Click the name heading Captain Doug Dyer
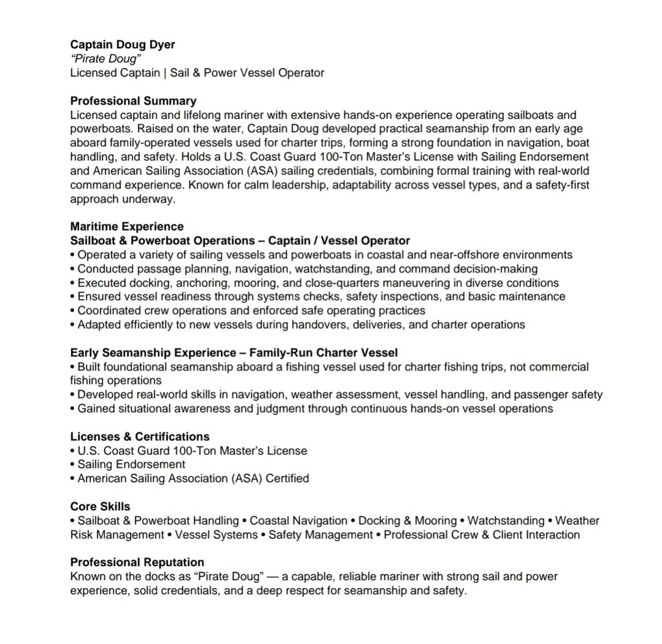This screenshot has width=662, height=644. [123, 45]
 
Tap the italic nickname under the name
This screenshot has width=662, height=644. [106, 59]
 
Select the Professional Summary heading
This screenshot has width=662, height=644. [133, 101]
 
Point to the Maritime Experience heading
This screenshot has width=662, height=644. [127, 227]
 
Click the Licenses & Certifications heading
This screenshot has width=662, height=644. [140, 436]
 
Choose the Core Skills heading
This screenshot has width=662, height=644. [100, 507]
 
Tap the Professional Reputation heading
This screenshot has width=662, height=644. [137, 562]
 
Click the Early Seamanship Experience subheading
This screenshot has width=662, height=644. [234, 353]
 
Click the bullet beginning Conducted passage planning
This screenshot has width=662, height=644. [307, 269]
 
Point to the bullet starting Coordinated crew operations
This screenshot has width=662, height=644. [251, 310]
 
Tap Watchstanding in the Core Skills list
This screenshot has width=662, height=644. [506, 521]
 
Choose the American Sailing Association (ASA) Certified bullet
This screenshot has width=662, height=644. [193, 478]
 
